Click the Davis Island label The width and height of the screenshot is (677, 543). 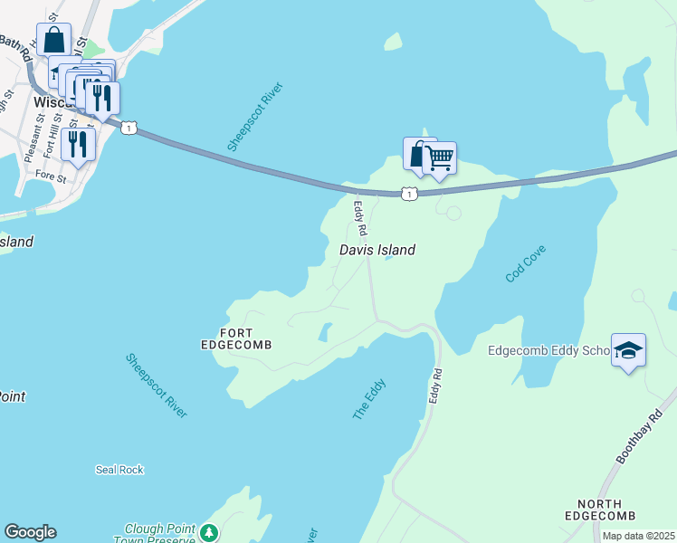pos(377,250)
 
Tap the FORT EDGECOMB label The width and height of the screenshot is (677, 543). pos(235,338)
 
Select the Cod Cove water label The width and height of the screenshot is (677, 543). pos(528,261)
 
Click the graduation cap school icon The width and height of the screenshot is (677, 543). pos(628,350)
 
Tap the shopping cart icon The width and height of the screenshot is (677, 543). pos(440,158)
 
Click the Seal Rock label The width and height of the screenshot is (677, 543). pos(119,470)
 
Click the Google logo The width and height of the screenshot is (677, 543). pos(30,532)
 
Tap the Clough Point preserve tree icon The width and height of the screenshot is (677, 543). pos(209,531)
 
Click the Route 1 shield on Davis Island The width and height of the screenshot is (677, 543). pos(409,194)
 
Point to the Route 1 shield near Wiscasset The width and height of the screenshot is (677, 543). pos(129,129)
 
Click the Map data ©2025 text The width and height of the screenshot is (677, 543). pos(637,536)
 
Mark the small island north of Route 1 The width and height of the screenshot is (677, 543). pos(393,42)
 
